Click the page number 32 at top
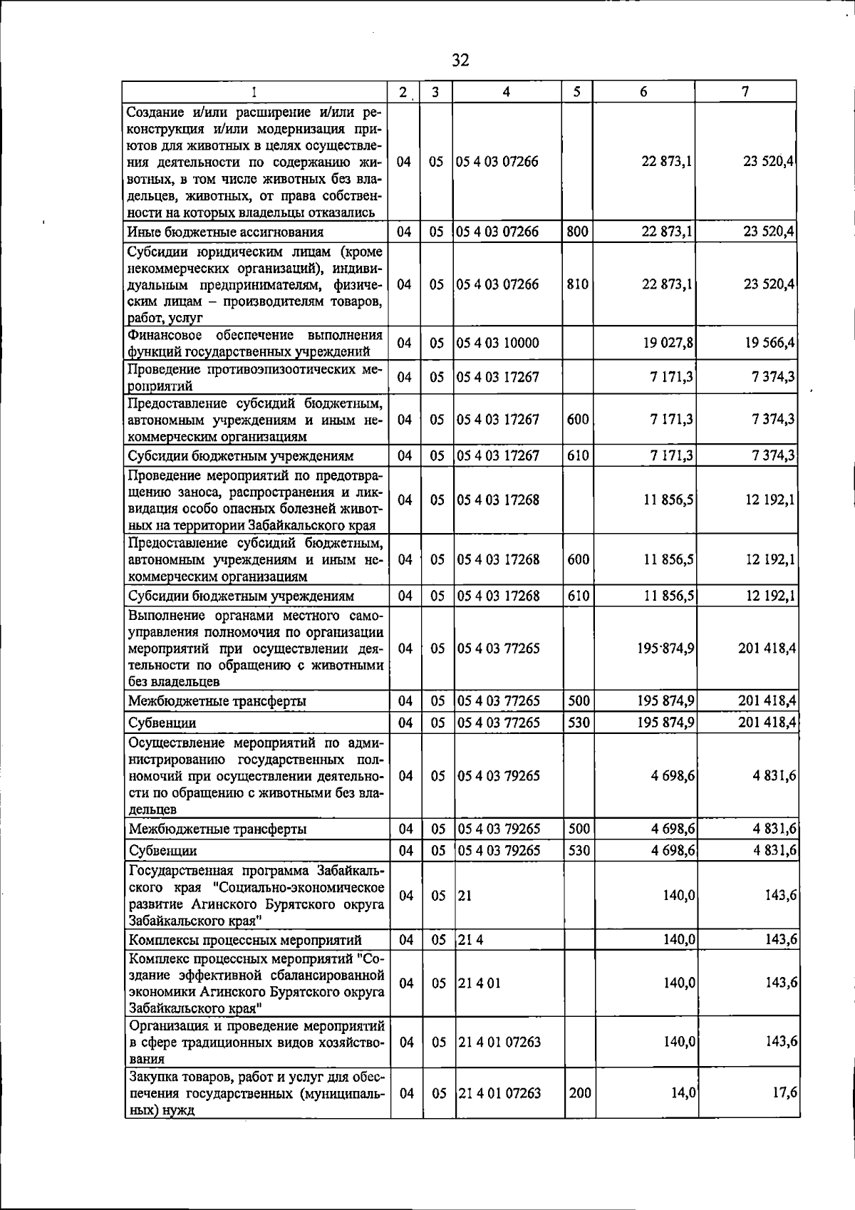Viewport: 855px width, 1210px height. (461, 61)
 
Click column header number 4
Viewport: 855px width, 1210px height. (506, 92)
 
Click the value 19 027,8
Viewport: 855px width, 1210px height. (668, 343)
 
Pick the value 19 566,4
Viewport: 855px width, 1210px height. (770, 343)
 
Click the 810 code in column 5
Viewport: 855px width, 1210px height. (578, 284)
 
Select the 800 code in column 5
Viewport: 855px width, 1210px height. (577, 232)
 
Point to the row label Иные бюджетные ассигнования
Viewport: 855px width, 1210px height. (225, 232)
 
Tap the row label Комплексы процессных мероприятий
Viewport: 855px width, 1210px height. (244, 941)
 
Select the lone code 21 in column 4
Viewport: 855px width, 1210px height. (465, 896)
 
